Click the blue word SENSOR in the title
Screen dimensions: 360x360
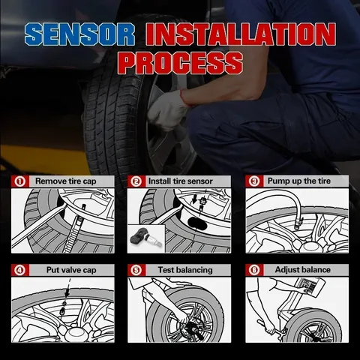(x=79, y=34)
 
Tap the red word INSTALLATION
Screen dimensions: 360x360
(x=241, y=34)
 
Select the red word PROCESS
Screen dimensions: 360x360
(x=180, y=62)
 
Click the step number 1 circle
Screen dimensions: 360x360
(x=19, y=181)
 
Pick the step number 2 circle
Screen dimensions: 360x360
(x=136, y=181)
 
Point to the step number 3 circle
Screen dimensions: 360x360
(x=254, y=181)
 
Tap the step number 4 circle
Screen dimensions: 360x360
(x=19, y=270)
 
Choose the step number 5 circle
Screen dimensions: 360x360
(x=136, y=270)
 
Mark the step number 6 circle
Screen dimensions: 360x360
(x=254, y=270)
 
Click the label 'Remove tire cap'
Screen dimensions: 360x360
(x=66, y=181)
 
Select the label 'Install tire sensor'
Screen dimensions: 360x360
(x=180, y=181)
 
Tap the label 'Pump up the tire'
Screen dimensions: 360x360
(x=299, y=181)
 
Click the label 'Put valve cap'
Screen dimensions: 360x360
(x=71, y=270)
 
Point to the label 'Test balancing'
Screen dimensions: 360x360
(x=185, y=270)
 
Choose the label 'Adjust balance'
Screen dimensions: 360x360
(x=303, y=270)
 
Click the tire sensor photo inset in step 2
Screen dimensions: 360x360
(x=146, y=238)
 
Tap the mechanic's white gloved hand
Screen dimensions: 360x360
(x=167, y=110)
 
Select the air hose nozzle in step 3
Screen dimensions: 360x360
(x=298, y=223)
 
